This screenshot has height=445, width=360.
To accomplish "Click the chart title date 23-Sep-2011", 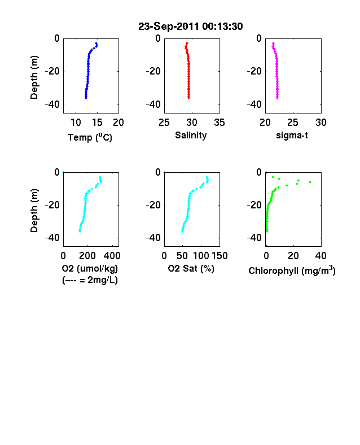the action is tap(169, 27).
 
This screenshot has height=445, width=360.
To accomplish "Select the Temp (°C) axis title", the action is tap(90, 137).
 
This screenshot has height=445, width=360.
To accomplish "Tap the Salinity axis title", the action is tap(191, 136).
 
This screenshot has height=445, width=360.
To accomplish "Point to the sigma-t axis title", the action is tap(292, 136).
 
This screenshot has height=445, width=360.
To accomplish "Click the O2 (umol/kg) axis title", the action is tap(90, 268).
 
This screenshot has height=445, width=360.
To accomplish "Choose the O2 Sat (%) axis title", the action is tap(191, 268).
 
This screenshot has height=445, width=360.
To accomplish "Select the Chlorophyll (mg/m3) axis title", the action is tap(292, 271).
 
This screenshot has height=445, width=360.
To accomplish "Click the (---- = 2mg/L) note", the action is tap(90, 280).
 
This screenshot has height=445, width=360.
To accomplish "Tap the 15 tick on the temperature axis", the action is tap(97, 123).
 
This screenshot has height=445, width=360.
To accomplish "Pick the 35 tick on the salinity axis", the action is tap(219, 123).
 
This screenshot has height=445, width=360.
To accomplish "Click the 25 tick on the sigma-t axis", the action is tap(293, 123).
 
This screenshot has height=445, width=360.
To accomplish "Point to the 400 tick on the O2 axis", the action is tap(112, 256).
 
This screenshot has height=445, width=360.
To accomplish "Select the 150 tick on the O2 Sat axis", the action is tap(219, 256).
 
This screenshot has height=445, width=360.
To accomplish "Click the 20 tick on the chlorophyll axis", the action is tap(293, 256).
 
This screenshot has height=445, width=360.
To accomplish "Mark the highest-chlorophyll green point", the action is tap(310, 182).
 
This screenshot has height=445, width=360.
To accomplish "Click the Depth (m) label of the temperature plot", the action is tap(34, 77).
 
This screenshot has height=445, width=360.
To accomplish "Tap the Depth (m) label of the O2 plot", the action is tap(34, 211).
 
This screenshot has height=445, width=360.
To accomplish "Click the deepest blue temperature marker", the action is tap(86, 98).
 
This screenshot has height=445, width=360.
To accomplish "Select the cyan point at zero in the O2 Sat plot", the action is tap(164, 172).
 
